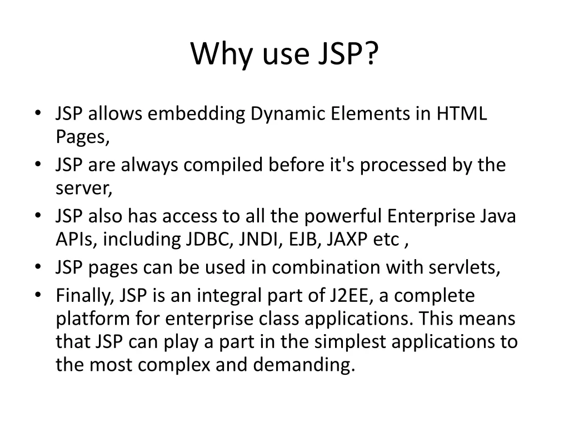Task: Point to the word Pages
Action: pos(82,137)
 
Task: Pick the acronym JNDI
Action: pos(261,240)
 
